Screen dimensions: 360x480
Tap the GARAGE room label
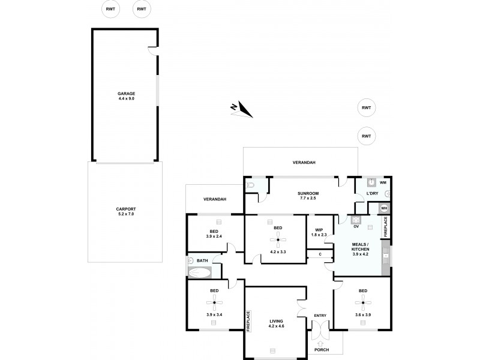pos(126,94)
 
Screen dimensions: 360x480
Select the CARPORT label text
pos(126,209)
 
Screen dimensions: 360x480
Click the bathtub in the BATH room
pos(199,273)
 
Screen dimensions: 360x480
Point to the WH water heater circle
pos(385,209)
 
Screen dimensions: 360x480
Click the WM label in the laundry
pos(383,182)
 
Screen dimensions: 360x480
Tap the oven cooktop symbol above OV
pos(356,220)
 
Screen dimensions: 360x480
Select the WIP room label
pos(319,229)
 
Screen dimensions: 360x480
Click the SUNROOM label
pos(308,193)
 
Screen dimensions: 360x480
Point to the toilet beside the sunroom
pos(251,187)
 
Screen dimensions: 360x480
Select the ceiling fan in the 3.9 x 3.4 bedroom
pos(214,302)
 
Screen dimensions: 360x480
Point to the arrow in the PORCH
pos(320,343)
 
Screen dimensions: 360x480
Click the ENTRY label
pos(320,316)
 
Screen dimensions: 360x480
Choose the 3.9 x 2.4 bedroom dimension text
pos(214,236)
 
